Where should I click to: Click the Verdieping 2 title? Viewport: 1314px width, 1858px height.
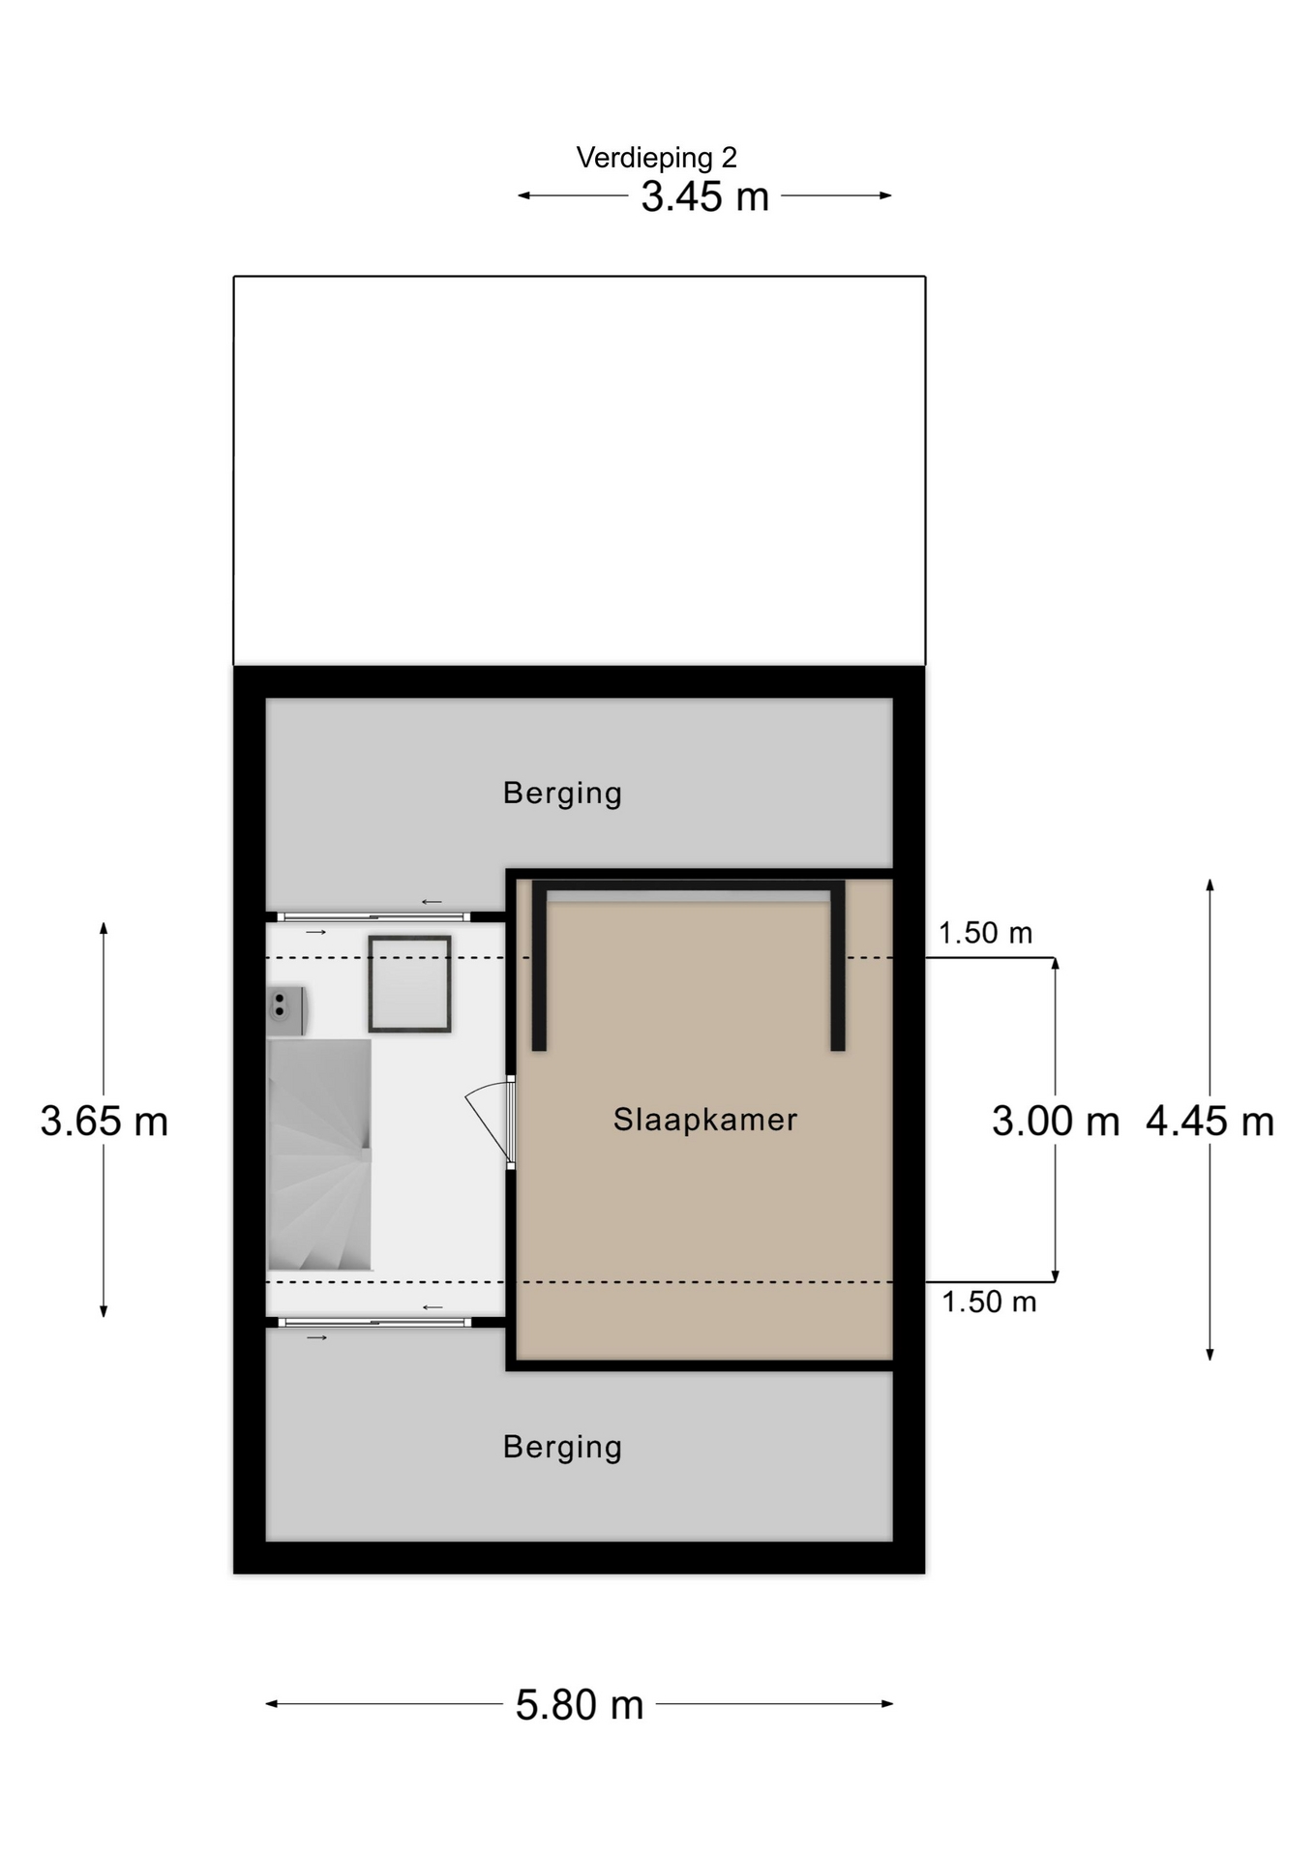point(656,157)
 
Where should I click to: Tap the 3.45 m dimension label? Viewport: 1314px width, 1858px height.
point(704,196)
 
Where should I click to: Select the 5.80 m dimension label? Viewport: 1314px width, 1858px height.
point(579,1704)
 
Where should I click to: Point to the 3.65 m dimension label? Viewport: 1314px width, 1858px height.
point(104,1122)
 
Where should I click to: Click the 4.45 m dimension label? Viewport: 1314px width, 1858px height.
point(1209,1122)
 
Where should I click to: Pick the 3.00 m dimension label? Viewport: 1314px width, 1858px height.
point(1056,1122)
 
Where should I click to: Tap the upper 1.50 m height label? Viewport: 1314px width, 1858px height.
point(985,933)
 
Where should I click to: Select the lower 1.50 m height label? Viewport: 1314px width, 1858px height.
point(989,1302)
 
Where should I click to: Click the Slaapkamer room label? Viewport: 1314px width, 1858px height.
point(705,1120)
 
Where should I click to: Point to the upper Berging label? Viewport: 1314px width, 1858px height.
point(562,794)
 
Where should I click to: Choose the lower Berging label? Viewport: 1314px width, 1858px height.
point(562,1448)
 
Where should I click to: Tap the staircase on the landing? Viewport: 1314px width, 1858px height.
point(319,1154)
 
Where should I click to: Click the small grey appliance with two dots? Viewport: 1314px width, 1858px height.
point(286,1010)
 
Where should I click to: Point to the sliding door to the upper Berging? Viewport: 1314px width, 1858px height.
point(373,916)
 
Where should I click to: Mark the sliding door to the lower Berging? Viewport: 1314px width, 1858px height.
point(374,1322)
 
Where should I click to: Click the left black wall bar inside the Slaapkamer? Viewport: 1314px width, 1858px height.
point(539,966)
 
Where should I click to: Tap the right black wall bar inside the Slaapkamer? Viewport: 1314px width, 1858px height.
point(838,966)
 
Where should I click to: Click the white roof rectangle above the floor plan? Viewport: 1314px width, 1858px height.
point(579,470)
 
